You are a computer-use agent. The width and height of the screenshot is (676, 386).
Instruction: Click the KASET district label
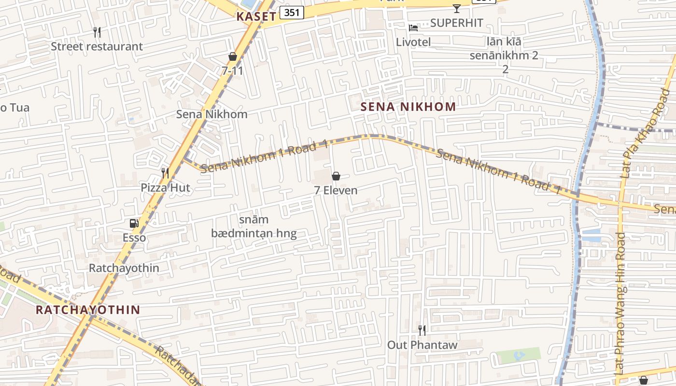(256, 16)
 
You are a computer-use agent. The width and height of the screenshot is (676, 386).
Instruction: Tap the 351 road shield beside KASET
(292, 13)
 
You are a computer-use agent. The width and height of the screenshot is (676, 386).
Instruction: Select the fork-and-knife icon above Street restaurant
(97, 32)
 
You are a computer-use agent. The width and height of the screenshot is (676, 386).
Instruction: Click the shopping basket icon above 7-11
(233, 56)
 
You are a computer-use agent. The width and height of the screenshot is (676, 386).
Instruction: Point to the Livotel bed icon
(413, 28)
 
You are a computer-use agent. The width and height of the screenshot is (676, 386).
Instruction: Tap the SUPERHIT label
(456, 23)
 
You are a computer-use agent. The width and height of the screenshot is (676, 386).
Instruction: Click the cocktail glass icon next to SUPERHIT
(456, 8)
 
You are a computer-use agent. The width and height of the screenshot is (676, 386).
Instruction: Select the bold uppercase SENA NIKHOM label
(408, 107)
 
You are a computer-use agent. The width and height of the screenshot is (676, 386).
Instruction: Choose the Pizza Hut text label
(166, 188)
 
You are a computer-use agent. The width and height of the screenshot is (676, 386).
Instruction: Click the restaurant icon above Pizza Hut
(165, 173)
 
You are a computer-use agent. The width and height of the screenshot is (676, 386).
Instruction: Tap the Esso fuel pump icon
(134, 223)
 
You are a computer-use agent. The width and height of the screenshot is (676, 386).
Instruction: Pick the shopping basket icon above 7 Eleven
(336, 176)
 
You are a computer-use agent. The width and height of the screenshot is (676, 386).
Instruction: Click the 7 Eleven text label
(336, 190)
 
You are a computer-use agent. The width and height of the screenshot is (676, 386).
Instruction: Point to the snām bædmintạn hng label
(253, 227)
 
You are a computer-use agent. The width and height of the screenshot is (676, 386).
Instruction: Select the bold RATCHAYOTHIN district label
(88, 310)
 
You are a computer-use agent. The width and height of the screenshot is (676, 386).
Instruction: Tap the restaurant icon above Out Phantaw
(422, 331)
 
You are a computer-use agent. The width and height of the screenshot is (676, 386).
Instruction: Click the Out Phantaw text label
(422, 345)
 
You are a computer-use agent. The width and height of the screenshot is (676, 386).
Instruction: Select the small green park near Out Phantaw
(519, 356)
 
